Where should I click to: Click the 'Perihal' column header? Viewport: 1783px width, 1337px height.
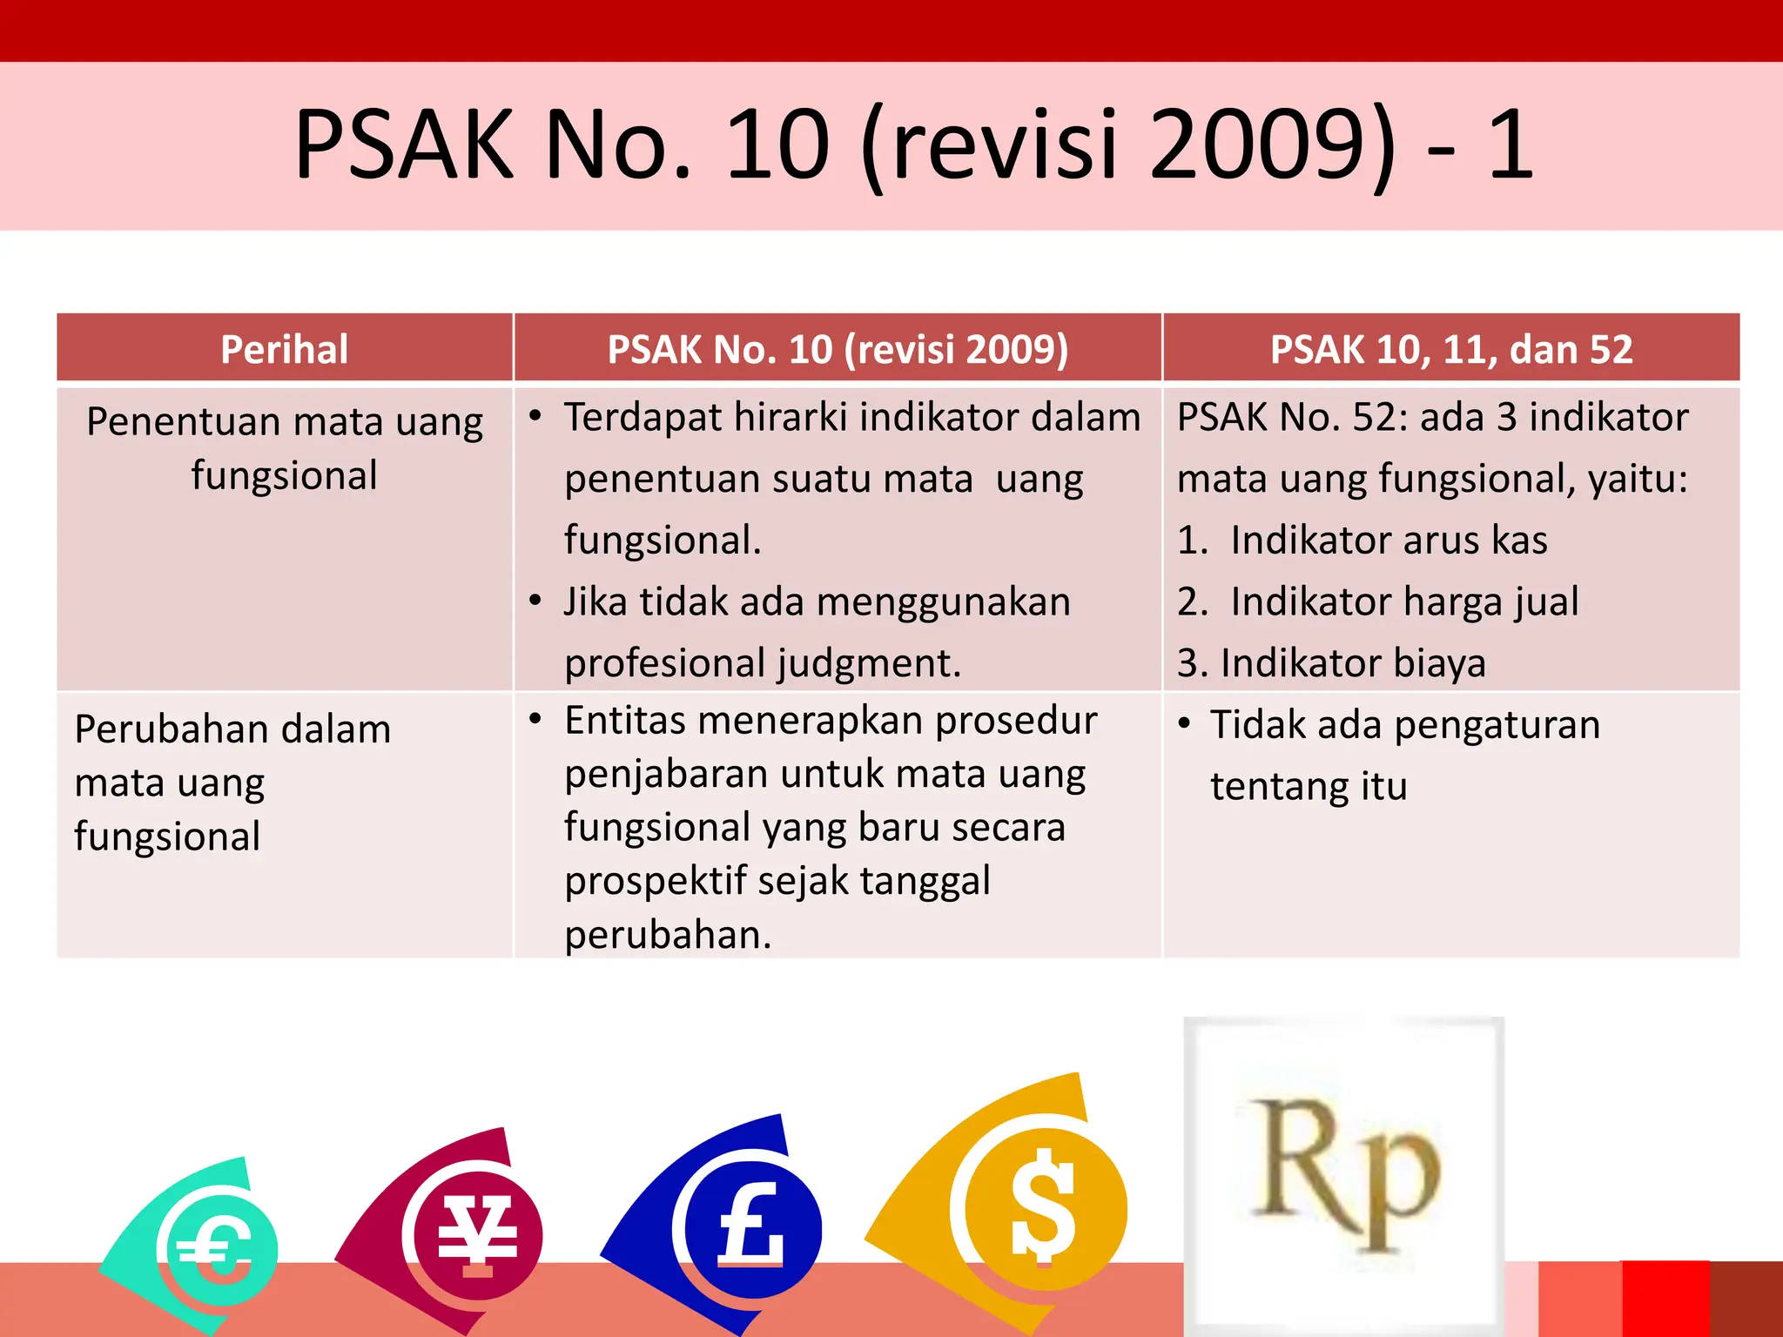point(284,349)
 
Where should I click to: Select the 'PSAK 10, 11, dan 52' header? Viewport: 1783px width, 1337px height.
point(1450,349)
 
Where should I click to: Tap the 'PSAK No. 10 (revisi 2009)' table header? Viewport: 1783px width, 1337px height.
point(838,349)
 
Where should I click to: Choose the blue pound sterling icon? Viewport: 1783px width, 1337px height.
point(750,1226)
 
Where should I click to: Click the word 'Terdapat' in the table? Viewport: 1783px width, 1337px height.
point(643,417)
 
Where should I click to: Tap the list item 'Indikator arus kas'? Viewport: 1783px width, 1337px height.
point(1389,541)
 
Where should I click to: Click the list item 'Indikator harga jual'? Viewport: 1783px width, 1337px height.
point(1403,602)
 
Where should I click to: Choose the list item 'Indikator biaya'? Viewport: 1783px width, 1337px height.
point(1353,663)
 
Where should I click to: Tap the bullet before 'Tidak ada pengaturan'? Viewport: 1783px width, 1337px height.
point(1184,724)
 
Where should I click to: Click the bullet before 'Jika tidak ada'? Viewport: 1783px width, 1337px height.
point(535,601)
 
